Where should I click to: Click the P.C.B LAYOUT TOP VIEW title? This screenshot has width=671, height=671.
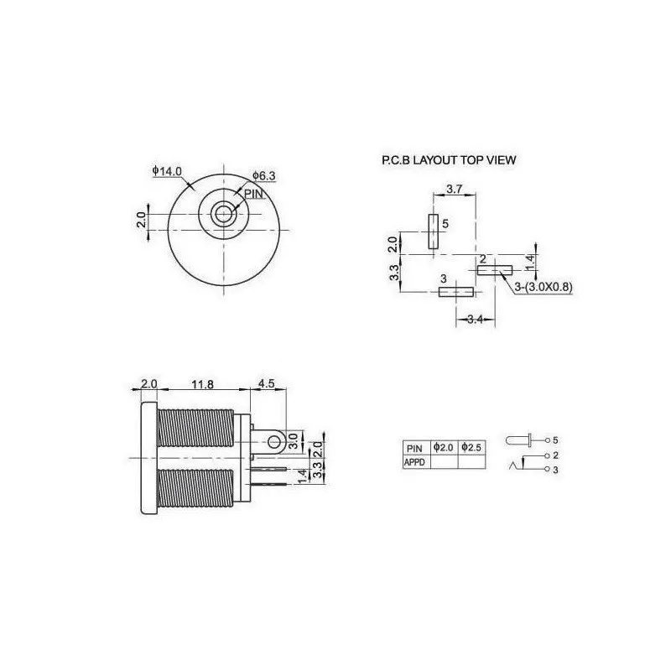point(449,160)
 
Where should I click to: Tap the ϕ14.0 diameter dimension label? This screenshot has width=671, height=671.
point(167,171)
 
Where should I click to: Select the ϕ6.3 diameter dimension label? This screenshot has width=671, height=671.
point(264,175)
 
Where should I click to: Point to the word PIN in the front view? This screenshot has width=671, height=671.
point(253,194)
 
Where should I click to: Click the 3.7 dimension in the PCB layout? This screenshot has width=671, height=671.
point(454,189)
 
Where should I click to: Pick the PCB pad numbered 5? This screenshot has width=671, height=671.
point(434,231)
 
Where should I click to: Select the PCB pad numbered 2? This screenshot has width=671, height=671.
point(495,270)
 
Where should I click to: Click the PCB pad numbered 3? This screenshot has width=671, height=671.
point(456,292)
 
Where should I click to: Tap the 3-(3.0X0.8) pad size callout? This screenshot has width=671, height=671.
point(543,287)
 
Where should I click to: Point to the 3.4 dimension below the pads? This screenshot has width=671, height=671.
point(475,319)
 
